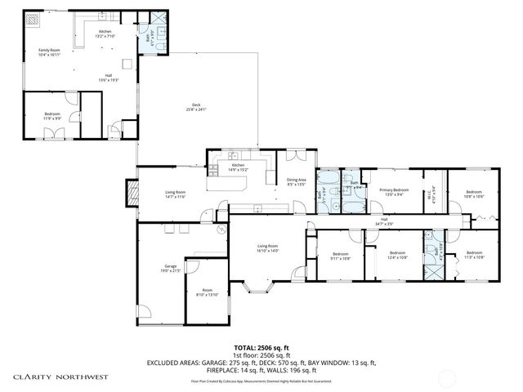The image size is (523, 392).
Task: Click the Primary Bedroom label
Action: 394,191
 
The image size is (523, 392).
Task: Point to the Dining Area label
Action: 296,182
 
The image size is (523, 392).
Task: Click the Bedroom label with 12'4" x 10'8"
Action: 397,255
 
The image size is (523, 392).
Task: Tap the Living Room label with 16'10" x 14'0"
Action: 268,248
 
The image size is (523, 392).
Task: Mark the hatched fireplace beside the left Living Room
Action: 129,192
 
